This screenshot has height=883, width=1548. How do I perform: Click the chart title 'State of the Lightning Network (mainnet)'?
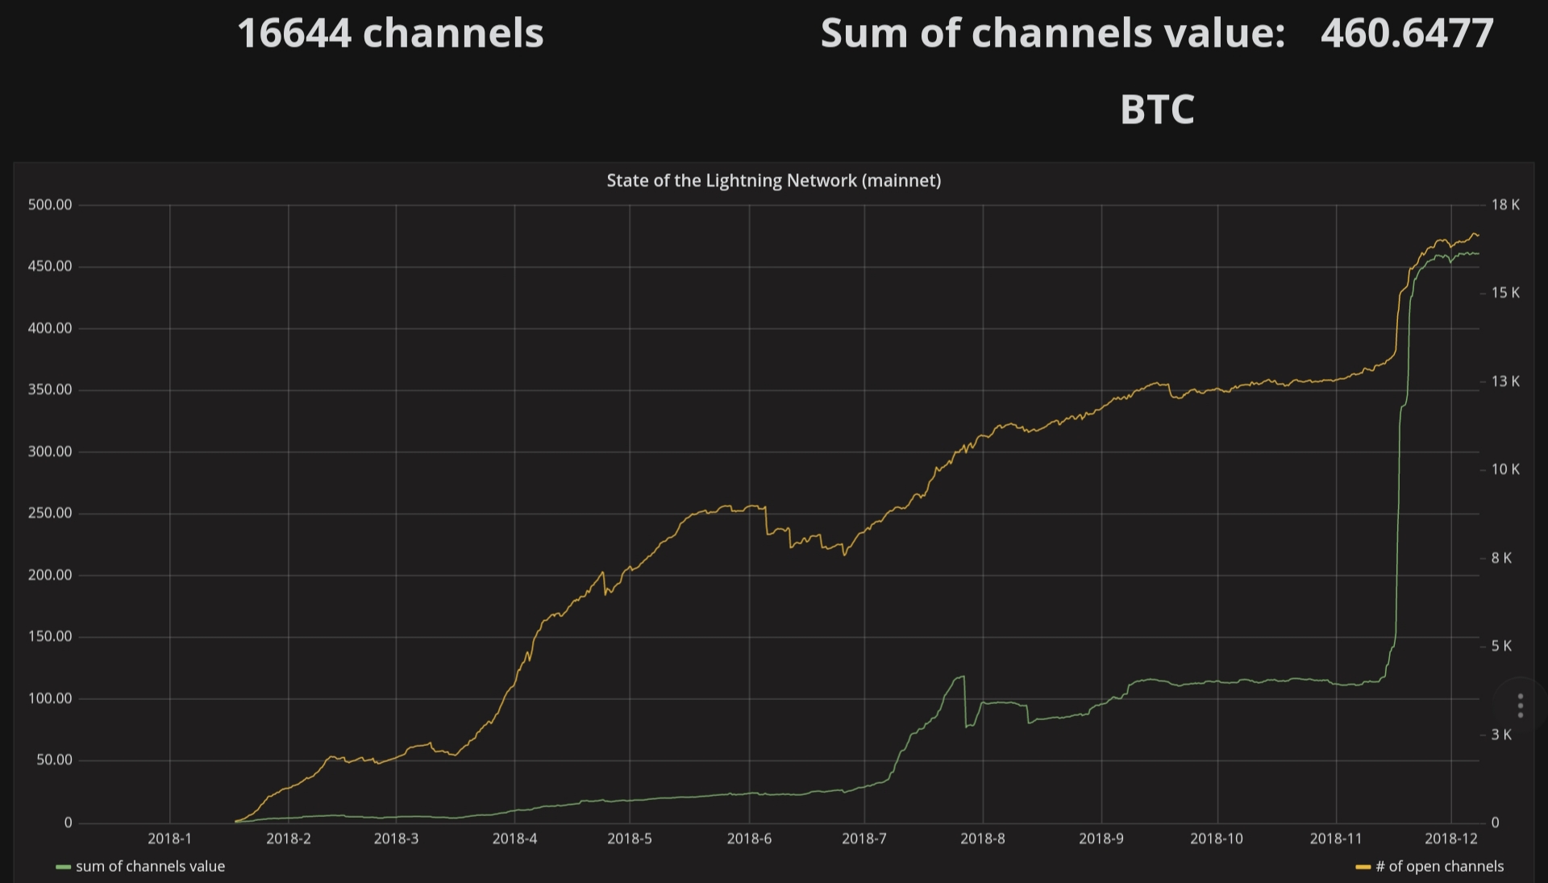773,181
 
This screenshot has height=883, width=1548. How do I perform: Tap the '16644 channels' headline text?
390,34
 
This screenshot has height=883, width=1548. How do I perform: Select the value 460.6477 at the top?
1407,34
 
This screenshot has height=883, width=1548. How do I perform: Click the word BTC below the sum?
1157,110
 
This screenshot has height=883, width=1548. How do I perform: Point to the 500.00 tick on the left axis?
50,205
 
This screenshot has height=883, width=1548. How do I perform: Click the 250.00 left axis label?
50,513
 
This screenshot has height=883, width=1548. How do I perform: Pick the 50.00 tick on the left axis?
54,760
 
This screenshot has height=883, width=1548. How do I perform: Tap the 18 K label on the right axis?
1504,205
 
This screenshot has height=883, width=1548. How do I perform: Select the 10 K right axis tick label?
1504,469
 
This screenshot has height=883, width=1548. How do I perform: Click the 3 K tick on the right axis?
1501,735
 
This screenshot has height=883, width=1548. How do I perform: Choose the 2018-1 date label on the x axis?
169,839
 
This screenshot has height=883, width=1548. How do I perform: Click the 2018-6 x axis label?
749,839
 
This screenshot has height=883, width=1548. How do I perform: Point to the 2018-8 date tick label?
982,839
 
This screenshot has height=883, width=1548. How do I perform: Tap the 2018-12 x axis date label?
1450,839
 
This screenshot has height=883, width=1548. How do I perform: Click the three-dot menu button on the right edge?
1520,706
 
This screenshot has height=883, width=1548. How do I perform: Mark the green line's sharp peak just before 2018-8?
963,677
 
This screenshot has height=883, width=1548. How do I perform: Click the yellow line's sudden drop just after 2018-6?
766,520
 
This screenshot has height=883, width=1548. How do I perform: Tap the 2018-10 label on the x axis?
1216,839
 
